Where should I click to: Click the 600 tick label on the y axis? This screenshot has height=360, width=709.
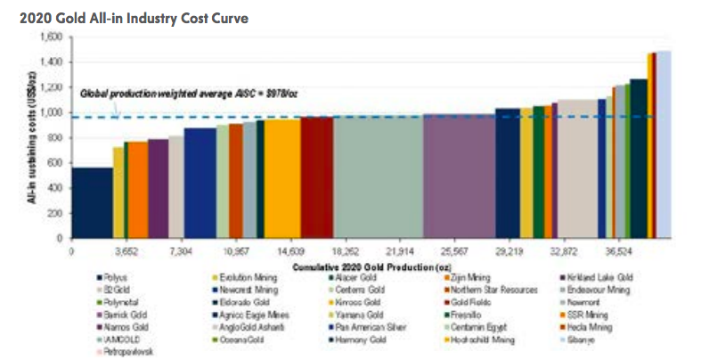55,163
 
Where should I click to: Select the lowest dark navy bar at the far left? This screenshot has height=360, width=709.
93,202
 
